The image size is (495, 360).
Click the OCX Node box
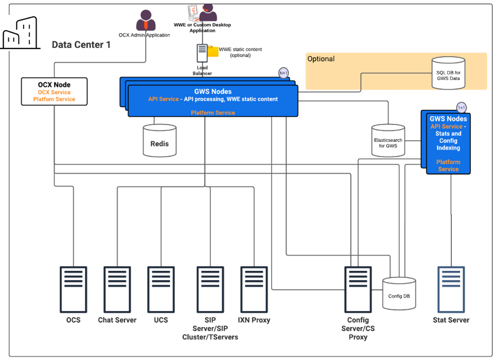[54, 91]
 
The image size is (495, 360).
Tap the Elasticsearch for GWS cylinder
[388, 140]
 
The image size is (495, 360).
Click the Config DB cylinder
[399, 294]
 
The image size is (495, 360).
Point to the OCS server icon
[73, 289]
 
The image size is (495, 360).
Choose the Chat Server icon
[117, 289]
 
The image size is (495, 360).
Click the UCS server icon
[161, 289]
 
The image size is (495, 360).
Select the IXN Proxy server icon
[254, 289]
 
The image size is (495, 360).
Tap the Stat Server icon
[451, 289]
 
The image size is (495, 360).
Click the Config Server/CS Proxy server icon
[357, 289]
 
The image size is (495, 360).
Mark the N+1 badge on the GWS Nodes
[284, 73]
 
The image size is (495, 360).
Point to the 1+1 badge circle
[461, 107]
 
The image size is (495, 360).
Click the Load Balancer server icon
[202, 53]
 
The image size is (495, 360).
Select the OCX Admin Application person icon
[146, 21]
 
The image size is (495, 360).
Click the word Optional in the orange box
[321, 59]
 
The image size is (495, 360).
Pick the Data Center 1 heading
[81, 45]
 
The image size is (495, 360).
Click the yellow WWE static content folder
[213, 52]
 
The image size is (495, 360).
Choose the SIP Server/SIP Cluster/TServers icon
[210, 289]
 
